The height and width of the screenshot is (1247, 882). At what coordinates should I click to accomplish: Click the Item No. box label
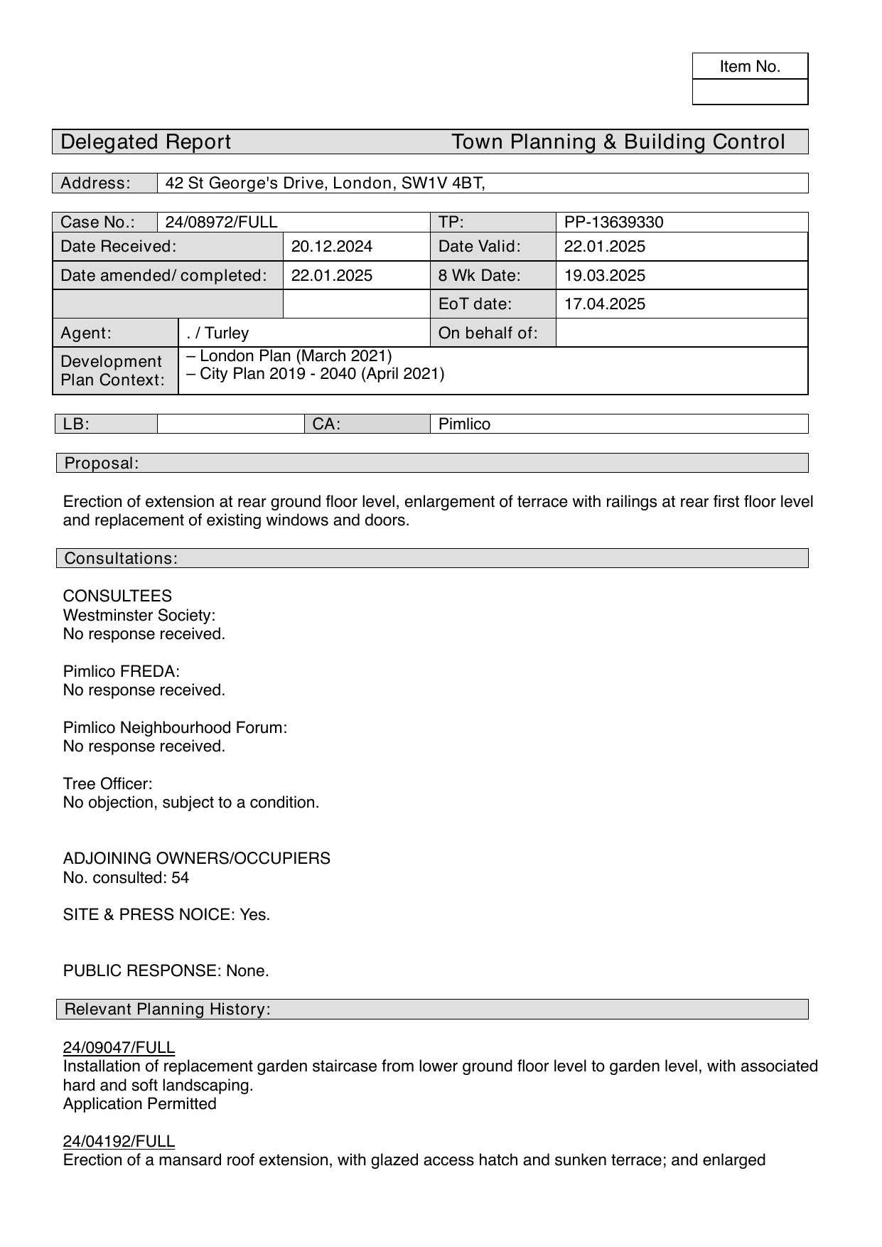750,67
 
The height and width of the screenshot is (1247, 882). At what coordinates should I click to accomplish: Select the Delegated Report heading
146,142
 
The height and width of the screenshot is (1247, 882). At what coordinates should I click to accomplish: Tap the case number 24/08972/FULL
221,223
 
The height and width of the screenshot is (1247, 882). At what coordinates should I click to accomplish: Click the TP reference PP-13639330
613,223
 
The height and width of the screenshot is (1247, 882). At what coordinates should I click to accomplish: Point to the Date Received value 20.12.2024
331,247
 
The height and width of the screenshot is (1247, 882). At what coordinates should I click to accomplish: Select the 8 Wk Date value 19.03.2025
604,276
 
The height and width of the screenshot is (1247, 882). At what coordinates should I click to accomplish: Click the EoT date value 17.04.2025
604,304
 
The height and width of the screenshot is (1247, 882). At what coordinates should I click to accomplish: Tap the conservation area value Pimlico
464,424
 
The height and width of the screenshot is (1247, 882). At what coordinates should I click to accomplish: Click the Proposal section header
102,464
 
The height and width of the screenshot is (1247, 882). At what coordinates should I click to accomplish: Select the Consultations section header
121,559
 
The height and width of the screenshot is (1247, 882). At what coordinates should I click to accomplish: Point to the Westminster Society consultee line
139,615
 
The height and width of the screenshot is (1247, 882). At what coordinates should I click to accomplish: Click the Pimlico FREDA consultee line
121,671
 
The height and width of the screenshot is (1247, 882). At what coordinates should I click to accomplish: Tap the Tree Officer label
107,784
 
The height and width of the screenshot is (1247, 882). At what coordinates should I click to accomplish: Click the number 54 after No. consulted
181,878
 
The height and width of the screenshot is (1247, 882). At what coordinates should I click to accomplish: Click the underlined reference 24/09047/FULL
119,1047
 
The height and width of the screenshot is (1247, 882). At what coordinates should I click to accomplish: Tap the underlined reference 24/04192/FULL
119,1142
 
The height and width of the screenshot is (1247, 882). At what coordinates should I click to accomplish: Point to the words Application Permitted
139,1104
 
